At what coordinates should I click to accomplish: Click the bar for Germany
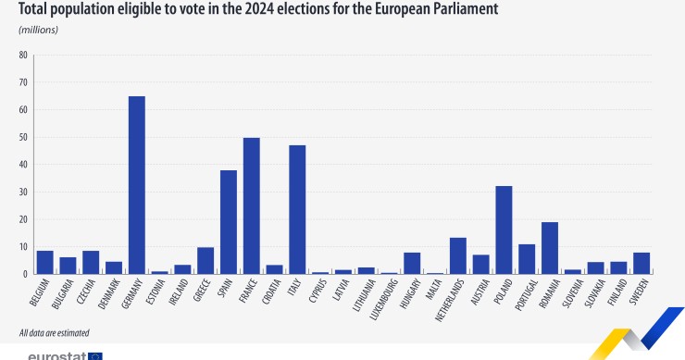[136, 185]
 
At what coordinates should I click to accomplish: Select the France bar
[251, 205]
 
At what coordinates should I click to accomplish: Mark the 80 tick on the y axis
[23, 55]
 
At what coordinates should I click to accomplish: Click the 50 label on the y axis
[23, 137]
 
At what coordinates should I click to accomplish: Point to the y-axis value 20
[23, 219]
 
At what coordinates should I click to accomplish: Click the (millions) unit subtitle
[38, 30]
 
